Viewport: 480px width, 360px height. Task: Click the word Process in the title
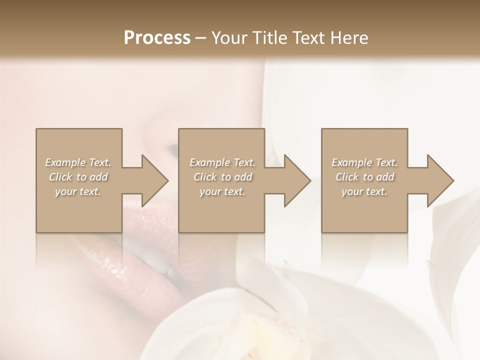click(x=157, y=38)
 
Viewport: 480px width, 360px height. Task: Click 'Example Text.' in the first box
click(x=78, y=162)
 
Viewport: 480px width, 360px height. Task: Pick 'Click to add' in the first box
click(x=78, y=177)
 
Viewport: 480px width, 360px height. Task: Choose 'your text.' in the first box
click(x=78, y=191)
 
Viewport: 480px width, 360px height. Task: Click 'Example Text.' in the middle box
click(x=222, y=162)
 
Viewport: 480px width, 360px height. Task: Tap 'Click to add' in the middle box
click(x=222, y=177)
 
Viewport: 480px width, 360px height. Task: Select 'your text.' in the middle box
click(x=222, y=191)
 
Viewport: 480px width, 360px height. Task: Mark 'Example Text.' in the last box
click(x=364, y=162)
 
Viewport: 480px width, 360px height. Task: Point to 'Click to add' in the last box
click(x=364, y=177)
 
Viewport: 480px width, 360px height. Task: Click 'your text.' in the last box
click(x=364, y=191)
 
